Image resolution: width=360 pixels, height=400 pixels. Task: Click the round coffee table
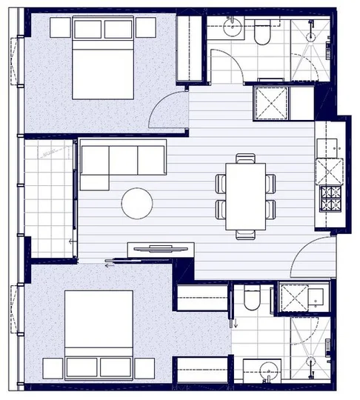coord(137,203)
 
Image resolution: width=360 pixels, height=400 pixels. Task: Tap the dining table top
coord(245,196)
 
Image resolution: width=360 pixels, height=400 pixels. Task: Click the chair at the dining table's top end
coord(245,158)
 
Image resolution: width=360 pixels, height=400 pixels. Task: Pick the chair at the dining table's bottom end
coord(245,234)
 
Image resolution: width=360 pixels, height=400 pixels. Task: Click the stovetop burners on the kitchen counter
coord(330,198)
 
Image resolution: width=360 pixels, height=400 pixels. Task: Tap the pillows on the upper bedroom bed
coord(104,29)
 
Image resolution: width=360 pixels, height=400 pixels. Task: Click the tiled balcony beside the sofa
coord(49,196)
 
